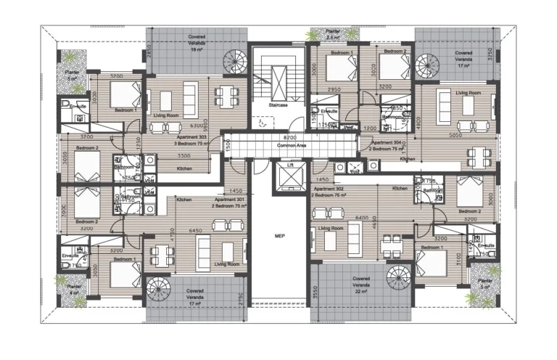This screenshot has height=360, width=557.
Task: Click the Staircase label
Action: [x=278, y=105]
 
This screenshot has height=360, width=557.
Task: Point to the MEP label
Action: [x=278, y=236]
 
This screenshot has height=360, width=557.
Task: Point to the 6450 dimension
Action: [x=195, y=230]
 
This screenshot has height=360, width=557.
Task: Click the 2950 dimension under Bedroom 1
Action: [x=334, y=89]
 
